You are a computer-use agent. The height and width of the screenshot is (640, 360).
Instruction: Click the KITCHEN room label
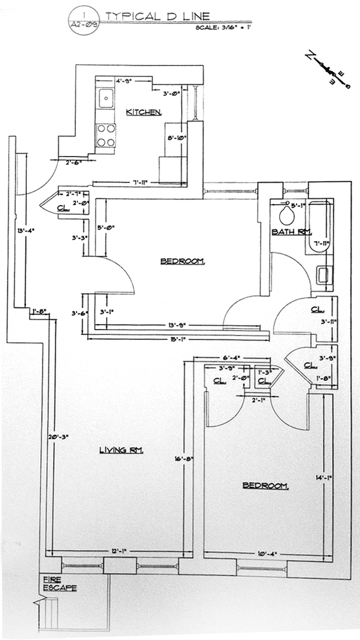point(143,112)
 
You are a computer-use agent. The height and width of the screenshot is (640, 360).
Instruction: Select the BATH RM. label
point(286,232)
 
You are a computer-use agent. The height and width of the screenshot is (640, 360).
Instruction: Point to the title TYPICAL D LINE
point(157,17)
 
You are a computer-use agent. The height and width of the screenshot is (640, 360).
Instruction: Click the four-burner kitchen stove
point(106,135)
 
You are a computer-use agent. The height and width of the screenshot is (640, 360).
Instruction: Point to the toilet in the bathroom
point(286,215)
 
